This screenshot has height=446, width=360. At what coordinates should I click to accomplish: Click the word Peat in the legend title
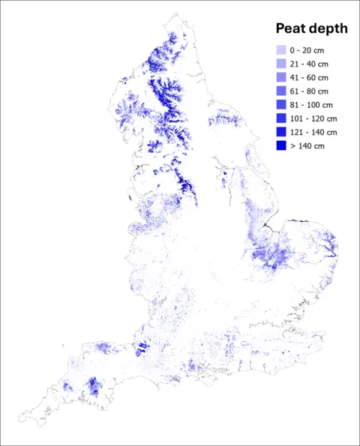point(291,29)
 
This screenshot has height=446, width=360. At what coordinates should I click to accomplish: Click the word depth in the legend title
point(328,29)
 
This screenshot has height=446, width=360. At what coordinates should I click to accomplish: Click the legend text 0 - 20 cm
point(307,50)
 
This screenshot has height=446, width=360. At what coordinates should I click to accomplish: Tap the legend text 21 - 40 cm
point(310,64)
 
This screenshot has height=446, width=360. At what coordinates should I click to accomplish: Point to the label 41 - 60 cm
point(310,77)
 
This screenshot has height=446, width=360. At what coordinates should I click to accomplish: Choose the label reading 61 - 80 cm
point(310,91)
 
